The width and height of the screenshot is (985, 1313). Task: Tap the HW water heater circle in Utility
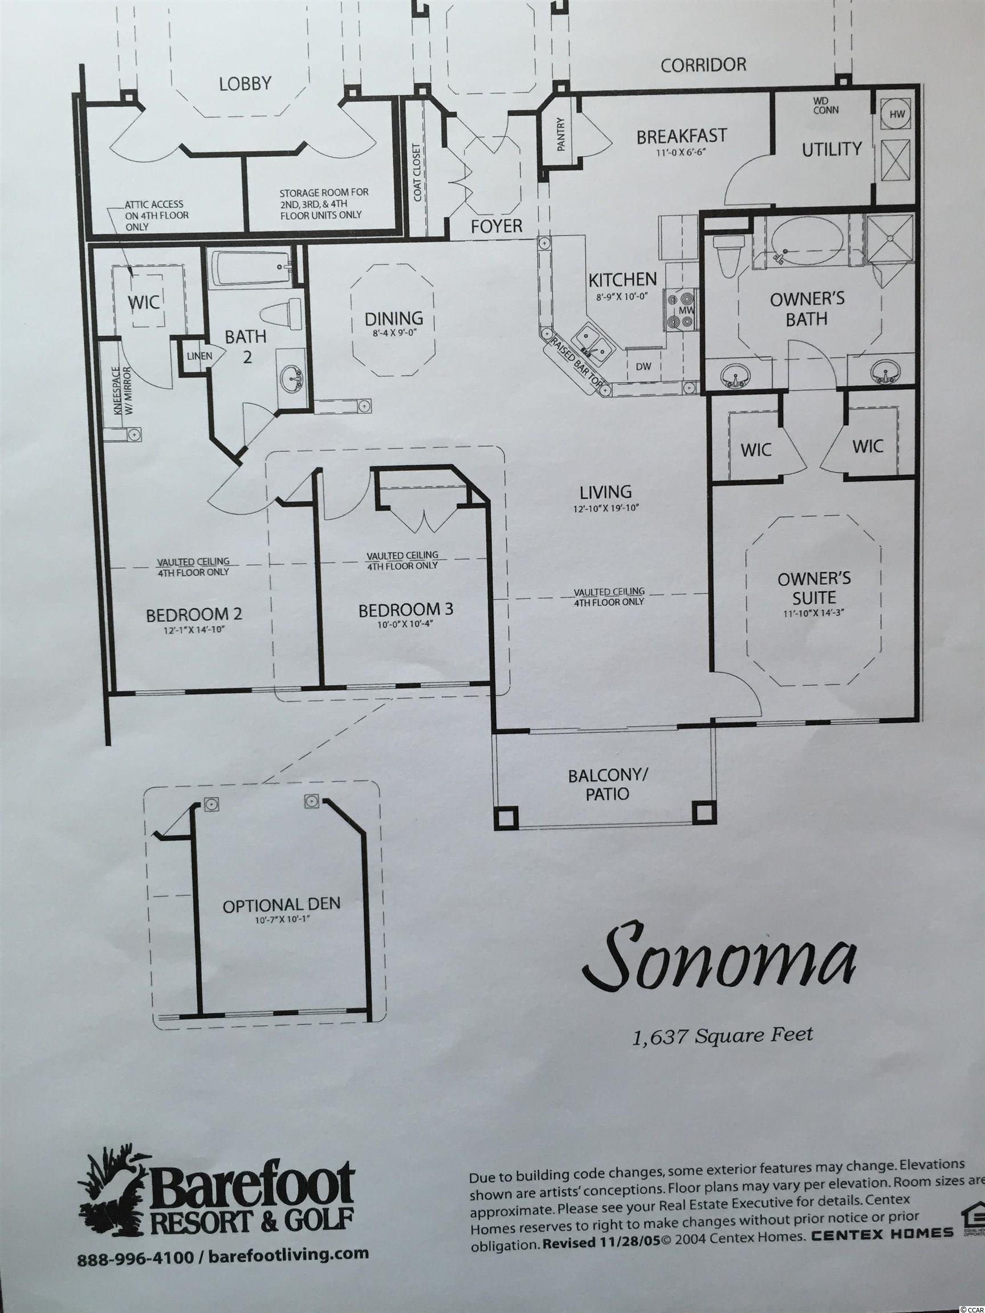(897, 115)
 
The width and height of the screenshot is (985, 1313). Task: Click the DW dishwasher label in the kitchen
(644, 366)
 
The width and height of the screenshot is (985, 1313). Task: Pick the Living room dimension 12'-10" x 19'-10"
(605, 508)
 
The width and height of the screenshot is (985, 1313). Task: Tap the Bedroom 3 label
(405, 610)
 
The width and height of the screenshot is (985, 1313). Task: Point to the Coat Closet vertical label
(417, 172)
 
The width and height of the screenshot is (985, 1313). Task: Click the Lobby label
(245, 84)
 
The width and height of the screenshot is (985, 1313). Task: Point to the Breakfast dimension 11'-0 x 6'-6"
(682, 152)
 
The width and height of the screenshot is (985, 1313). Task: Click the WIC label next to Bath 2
(144, 302)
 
